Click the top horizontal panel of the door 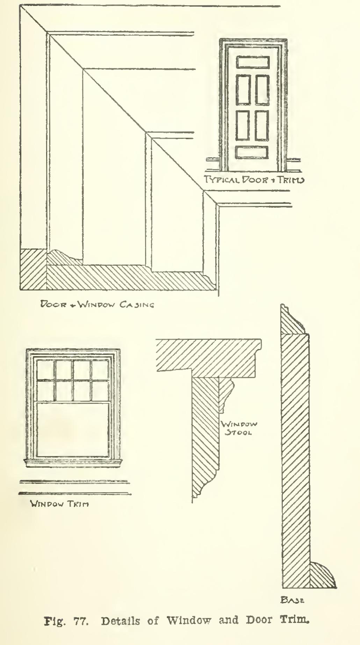(252, 62)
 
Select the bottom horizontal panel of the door (252, 152)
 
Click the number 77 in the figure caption (80, 621)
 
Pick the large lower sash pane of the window (73, 429)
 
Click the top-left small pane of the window (45, 370)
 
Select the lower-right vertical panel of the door (261, 125)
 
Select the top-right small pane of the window (100, 370)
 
